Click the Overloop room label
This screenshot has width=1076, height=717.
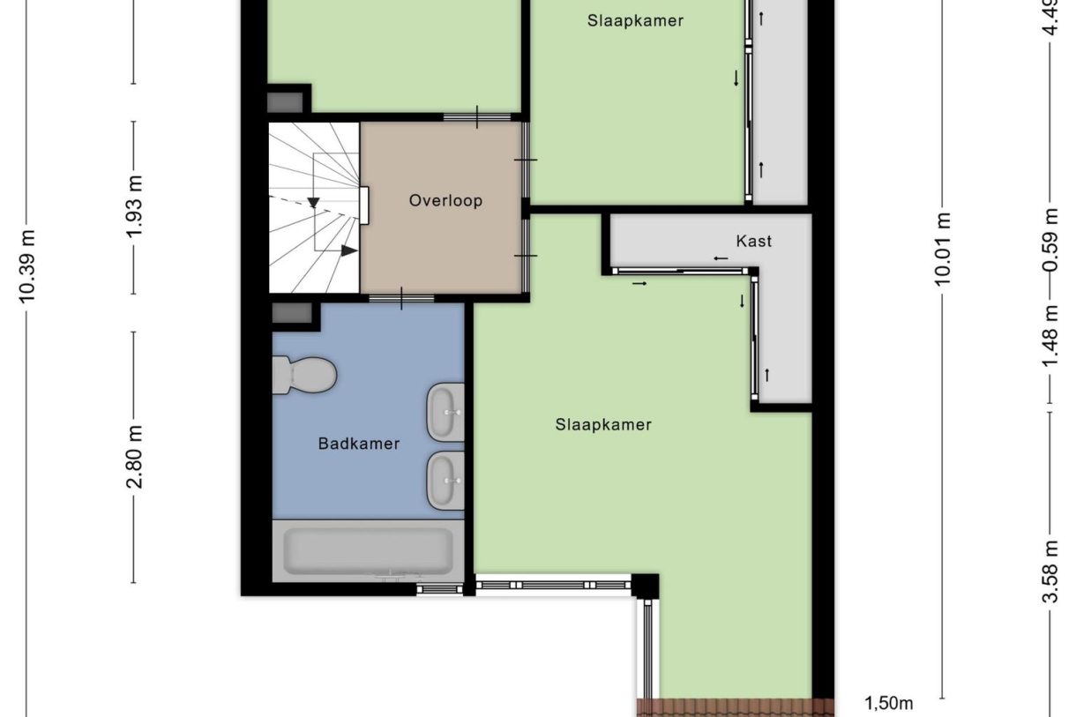click(445, 201)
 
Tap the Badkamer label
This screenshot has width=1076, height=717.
click(358, 444)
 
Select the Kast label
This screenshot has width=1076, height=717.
click(754, 241)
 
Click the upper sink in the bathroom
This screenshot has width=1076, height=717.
click(446, 412)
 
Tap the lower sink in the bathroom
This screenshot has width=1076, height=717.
click(446, 481)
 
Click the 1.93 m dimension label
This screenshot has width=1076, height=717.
click(134, 207)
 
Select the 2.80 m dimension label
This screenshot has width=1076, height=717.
click(134, 457)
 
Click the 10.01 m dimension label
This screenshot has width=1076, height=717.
click(943, 249)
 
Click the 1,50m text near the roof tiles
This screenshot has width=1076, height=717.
click(888, 703)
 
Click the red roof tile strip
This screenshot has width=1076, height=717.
click(735, 707)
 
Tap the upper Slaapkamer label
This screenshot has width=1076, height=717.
click(635, 20)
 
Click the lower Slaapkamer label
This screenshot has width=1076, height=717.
click(603, 425)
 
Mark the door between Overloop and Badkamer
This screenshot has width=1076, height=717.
click(401, 299)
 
